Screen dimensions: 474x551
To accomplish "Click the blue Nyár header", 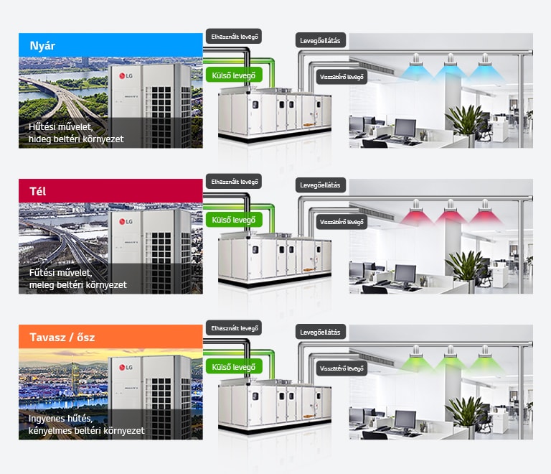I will (x=110, y=45).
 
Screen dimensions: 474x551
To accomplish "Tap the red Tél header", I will (x=110, y=191).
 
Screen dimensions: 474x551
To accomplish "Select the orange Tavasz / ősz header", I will (x=110, y=337).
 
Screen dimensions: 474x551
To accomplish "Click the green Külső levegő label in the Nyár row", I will (x=234, y=74).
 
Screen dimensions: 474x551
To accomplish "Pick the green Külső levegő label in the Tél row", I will (x=234, y=220).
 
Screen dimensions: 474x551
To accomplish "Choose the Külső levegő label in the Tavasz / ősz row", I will (x=234, y=367).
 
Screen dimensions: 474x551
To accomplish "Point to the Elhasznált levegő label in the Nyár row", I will (x=234, y=36).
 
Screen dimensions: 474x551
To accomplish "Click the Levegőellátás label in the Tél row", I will (x=321, y=185).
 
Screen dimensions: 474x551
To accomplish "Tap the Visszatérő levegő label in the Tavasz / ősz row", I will (x=342, y=368).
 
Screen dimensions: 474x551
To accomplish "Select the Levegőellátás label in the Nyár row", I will (x=321, y=39).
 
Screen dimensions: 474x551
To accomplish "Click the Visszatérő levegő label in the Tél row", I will (x=342, y=222).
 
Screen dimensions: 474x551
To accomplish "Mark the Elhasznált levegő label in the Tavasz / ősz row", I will (x=234, y=328).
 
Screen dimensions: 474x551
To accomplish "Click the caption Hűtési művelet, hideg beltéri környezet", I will (x=75, y=133).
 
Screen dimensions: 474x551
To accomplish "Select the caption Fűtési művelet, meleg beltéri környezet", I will (x=77, y=279).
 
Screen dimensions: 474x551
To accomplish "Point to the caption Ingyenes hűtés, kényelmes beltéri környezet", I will (x=86, y=424).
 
